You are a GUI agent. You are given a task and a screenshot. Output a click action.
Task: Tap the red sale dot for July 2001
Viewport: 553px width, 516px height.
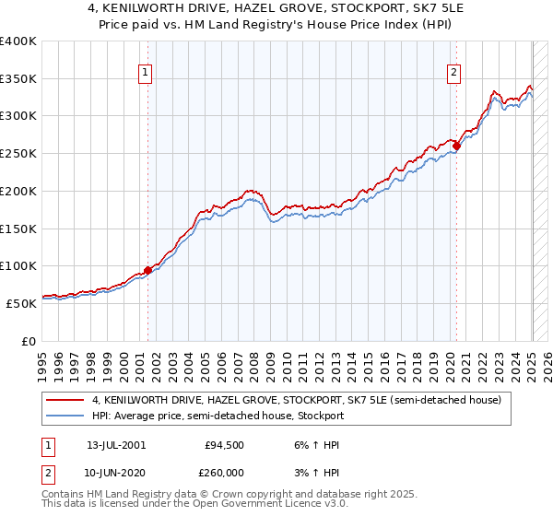click(x=147, y=270)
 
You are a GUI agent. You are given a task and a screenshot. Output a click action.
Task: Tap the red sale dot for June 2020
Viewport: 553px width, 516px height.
click(x=456, y=146)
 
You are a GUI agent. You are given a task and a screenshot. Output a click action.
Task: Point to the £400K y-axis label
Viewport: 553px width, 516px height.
click(x=18, y=41)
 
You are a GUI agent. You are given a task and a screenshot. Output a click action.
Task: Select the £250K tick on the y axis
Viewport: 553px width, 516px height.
click(x=18, y=154)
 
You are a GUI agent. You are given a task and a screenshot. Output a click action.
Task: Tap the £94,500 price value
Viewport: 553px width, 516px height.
click(x=224, y=444)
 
